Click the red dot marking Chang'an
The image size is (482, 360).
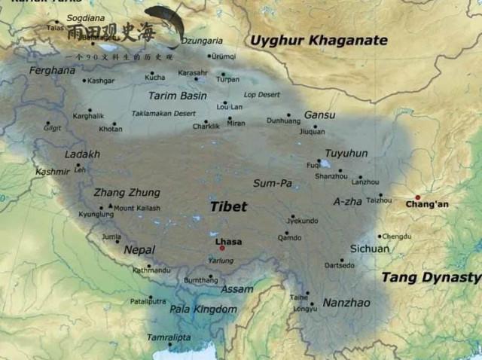tap(418, 197)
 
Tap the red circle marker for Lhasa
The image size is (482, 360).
tap(222, 248)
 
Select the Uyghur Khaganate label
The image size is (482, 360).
tap(319, 40)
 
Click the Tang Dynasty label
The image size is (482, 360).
tap(431, 277)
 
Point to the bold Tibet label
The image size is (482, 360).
tap(227, 206)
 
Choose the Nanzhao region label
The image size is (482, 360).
tap(346, 302)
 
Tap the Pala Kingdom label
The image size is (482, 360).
tap(203, 309)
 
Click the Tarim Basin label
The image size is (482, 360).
tap(177, 96)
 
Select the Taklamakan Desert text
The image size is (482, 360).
tap(163, 113)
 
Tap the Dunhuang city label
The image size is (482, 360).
tap(282, 120)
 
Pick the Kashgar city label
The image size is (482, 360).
tap(101, 81)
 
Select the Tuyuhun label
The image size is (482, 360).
tap(346, 153)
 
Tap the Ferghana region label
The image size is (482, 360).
tap(52, 70)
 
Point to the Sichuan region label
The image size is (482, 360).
tap(370, 249)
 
